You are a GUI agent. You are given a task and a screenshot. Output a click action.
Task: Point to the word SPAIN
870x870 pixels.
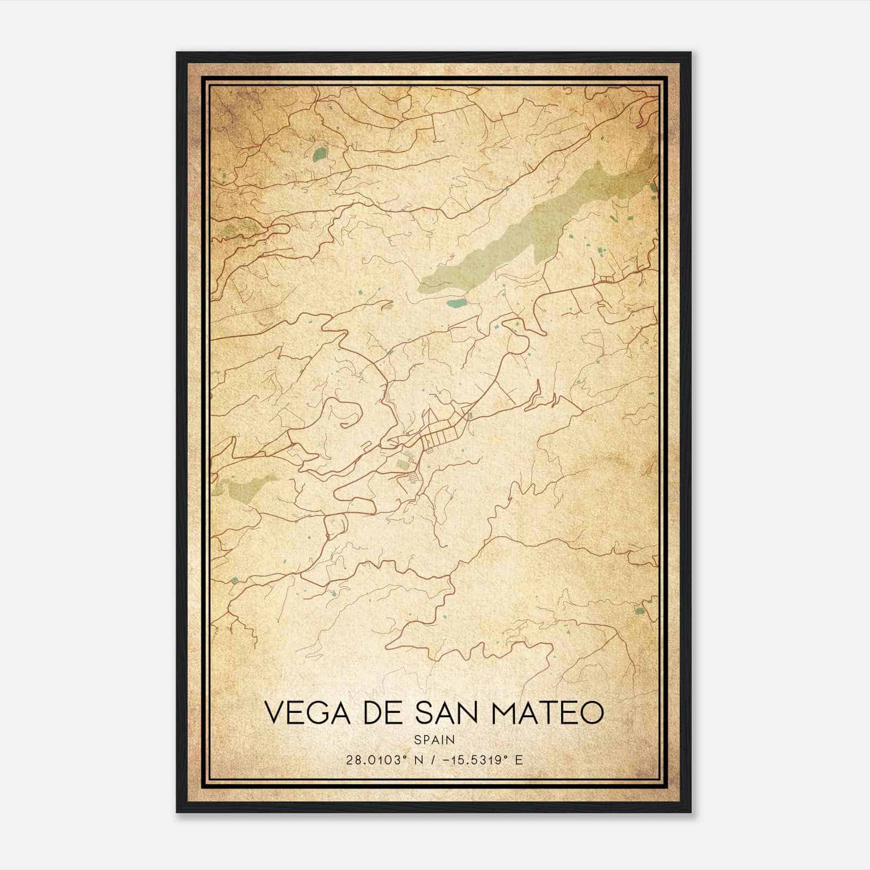pyautogui.click(x=434, y=739)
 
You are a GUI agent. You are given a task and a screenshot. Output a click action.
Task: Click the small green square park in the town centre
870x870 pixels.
pyautogui.click(x=403, y=464)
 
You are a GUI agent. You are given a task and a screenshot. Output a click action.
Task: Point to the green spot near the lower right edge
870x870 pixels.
pyautogui.click(x=639, y=611)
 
